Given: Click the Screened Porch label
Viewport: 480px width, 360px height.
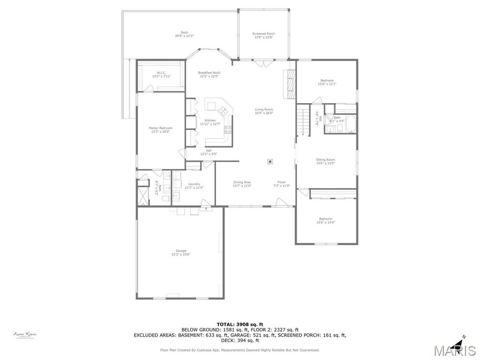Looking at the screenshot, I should [263, 34].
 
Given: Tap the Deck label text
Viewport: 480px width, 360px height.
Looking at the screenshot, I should [184, 33].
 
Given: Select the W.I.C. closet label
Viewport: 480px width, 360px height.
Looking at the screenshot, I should [161, 73].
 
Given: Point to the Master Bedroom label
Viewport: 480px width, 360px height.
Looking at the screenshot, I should [160, 128].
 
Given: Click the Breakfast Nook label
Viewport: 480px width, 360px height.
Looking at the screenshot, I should [209, 73].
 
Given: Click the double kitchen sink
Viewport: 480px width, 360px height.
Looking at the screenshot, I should [223, 111].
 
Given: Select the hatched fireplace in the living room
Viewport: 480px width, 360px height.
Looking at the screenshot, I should [291, 84].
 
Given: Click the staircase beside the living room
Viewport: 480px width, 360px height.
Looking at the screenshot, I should [303, 121].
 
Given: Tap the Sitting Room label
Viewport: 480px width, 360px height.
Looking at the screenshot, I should [325, 160].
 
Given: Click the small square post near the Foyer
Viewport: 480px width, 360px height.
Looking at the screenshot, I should [270, 162].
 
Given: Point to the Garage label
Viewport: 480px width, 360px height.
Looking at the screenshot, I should [181, 251].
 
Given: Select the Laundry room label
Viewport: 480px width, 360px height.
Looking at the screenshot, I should [194, 184].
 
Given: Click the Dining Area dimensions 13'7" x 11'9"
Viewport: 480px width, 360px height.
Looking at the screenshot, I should [242, 186].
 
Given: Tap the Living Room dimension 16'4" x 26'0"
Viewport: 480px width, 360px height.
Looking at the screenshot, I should [264, 113].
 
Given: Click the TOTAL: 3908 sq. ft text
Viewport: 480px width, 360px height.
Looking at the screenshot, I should [240, 324].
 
